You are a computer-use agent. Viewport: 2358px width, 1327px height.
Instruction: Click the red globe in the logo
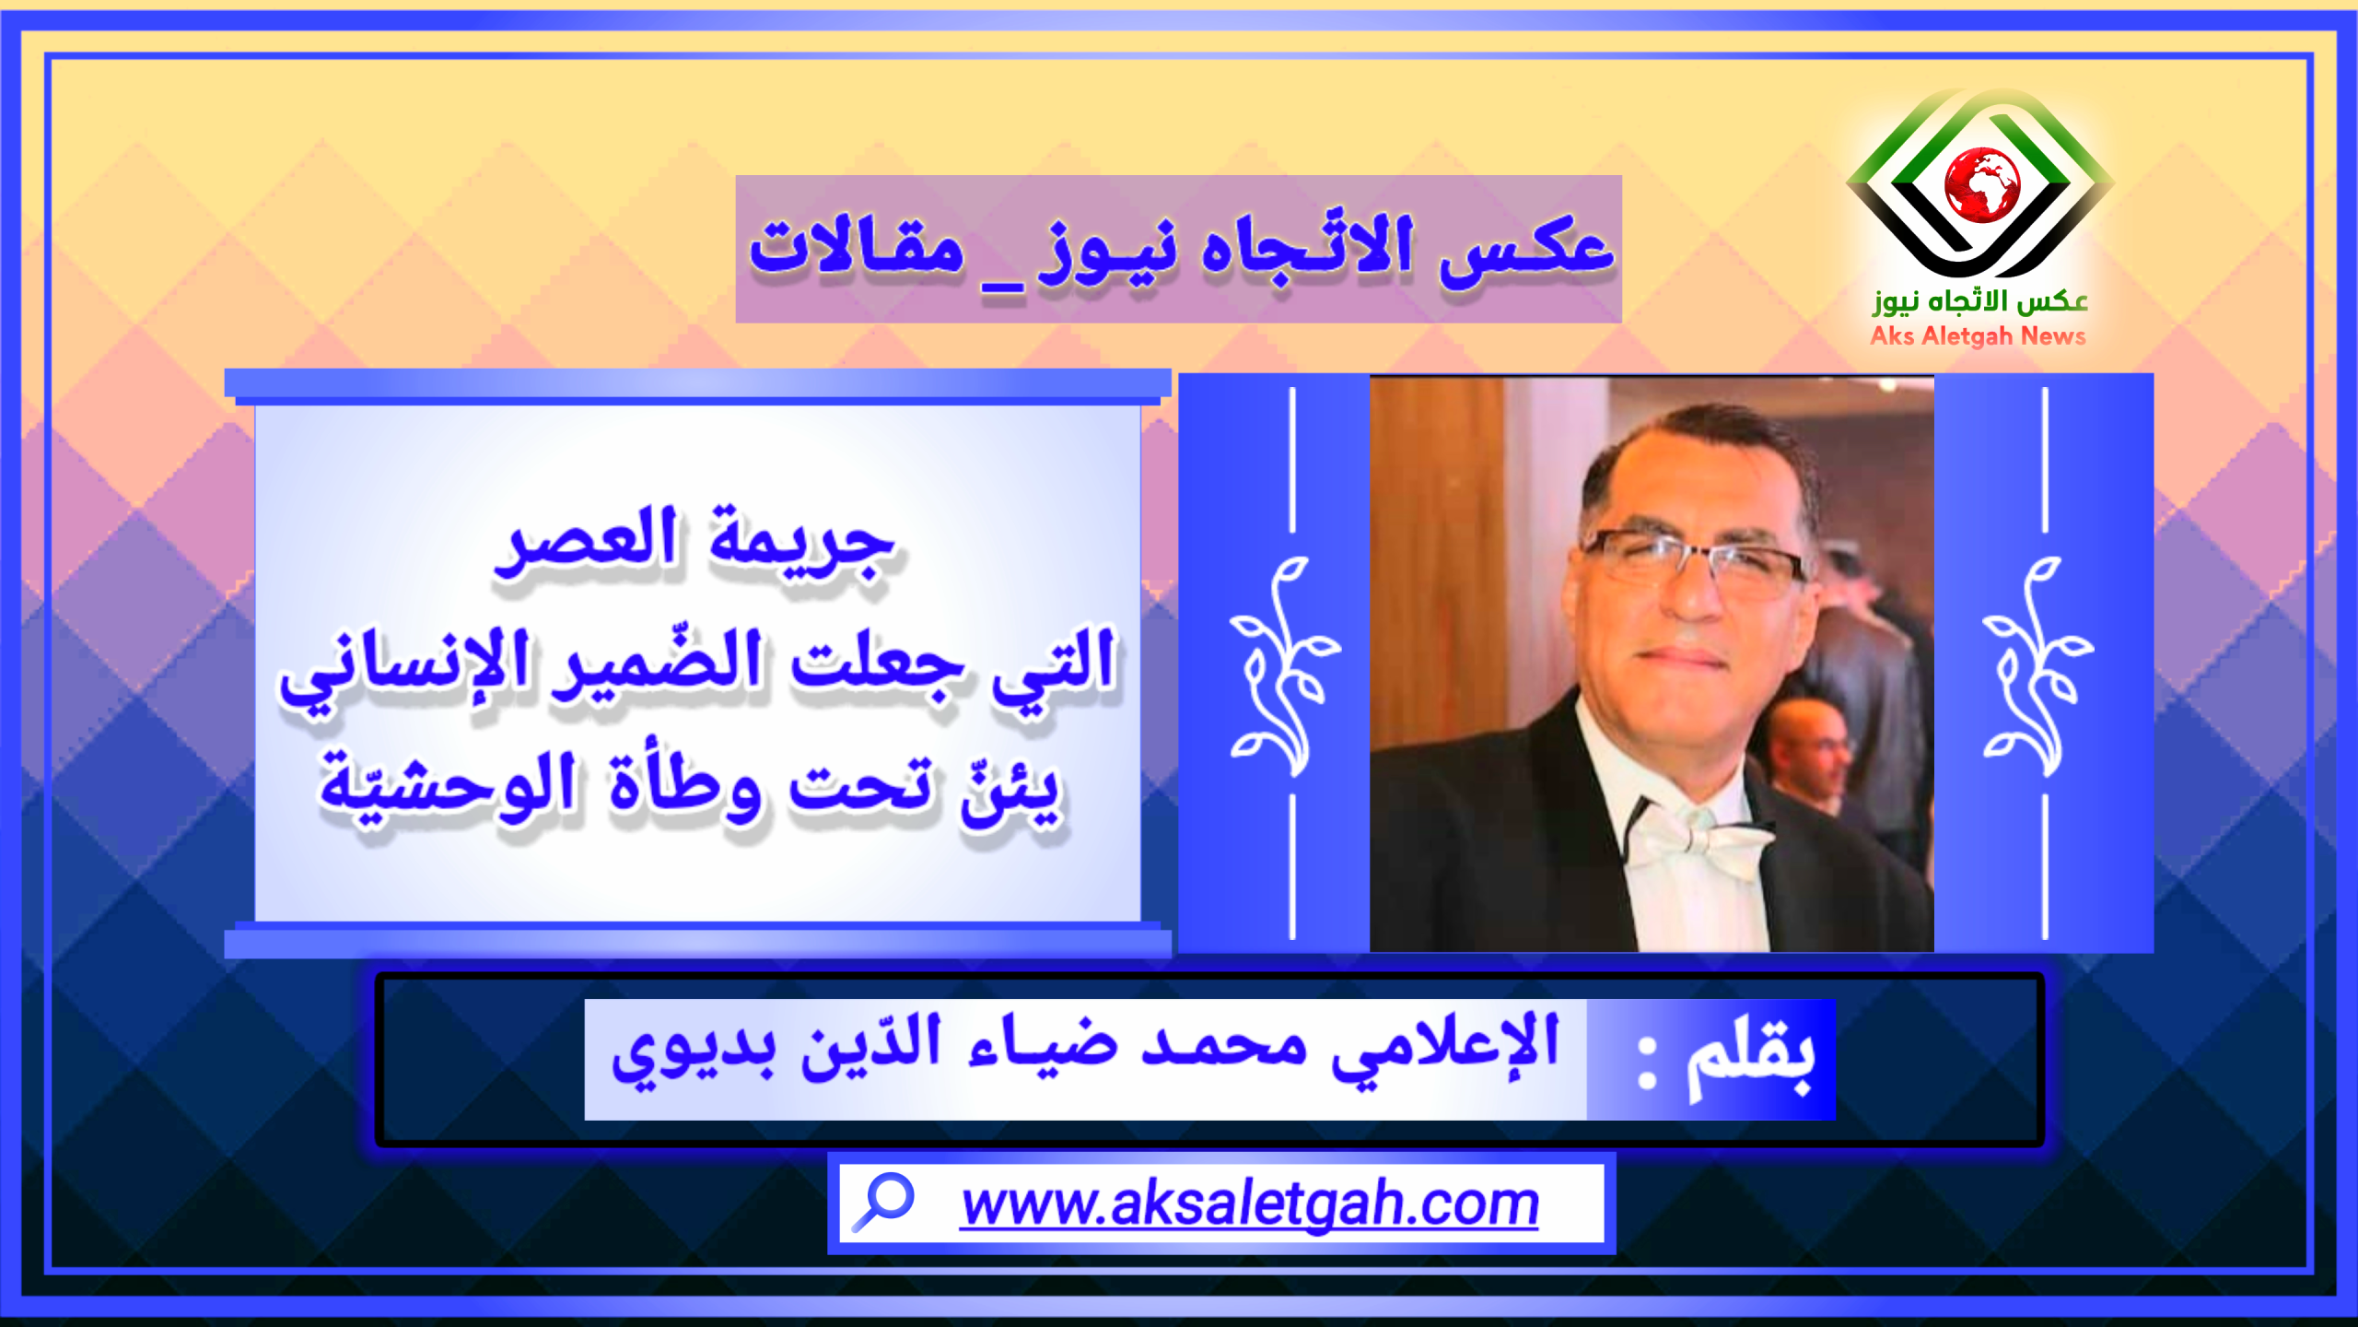click(1981, 184)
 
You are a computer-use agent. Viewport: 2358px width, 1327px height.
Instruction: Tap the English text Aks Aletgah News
click(1978, 336)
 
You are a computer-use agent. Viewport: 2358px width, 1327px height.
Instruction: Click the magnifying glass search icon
click(881, 1202)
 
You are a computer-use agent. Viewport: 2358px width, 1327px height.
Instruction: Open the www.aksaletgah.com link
click(1249, 1204)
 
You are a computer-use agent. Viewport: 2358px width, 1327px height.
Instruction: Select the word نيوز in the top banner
click(1106, 253)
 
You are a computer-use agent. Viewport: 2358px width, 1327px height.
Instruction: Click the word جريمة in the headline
click(802, 544)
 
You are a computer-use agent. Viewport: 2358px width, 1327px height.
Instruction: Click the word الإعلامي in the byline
click(1445, 1050)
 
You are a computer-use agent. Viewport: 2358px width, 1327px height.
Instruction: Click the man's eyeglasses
click(1693, 562)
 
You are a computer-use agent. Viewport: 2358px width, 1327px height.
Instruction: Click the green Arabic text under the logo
click(1979, 300)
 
